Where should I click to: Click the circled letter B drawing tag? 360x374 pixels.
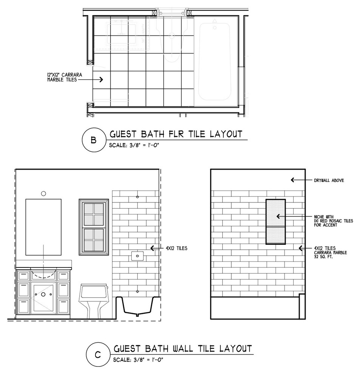[94, 140]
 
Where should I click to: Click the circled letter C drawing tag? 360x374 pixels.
[98, 355]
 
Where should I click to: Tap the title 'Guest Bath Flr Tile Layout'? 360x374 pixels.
[176, 134]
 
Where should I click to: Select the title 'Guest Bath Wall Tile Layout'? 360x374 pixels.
[183, 349]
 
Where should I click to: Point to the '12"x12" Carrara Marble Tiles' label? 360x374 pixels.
[65, 77]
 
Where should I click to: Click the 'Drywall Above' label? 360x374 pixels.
[329, 180]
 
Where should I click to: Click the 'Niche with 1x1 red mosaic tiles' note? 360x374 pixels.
[333, 221]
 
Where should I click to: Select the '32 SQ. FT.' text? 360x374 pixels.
[323, 257]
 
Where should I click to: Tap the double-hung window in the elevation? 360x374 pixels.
[94, 227]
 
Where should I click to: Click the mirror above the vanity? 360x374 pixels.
[43, 227]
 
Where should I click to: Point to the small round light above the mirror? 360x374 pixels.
[43, 194]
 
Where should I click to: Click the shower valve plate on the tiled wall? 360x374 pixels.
[137, 256]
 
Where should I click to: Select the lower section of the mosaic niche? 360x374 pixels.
[275, 235]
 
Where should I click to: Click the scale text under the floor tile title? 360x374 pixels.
[134, 145]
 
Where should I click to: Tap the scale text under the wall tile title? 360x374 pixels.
[138, 360]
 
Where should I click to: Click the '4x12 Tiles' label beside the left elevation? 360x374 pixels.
[177, 248]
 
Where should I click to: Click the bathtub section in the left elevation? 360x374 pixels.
[137, 306]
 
